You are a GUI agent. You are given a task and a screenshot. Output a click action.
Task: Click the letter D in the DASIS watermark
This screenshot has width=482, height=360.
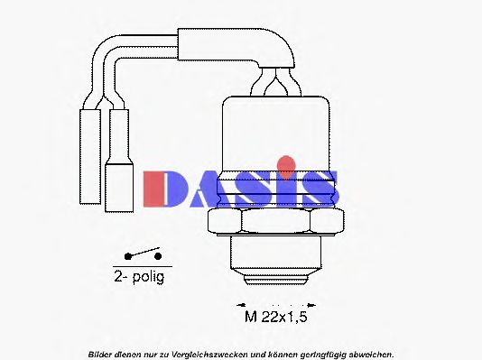tap(163, 187)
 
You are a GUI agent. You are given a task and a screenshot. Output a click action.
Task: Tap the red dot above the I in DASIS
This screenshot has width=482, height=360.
tap(286, 163)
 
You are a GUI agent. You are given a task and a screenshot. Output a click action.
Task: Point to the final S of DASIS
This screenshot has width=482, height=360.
tap(320, 187)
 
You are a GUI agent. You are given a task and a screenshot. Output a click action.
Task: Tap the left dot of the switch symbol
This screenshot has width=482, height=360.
tap(128, 256)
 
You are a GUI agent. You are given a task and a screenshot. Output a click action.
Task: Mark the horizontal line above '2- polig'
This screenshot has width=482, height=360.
tap(143, 267)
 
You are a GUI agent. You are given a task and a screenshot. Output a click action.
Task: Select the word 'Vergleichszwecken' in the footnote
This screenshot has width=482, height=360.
tap(199, 353)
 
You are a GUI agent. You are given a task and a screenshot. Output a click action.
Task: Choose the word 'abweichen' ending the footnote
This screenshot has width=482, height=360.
tap(369, 353)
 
